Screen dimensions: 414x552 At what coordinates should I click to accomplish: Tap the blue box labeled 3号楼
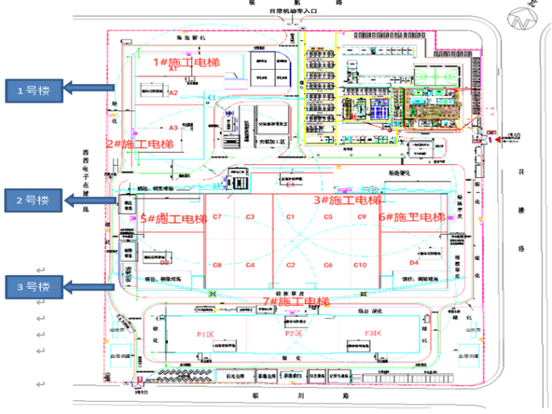coord(33,286)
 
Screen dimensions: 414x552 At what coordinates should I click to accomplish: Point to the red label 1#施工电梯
coord(186,63)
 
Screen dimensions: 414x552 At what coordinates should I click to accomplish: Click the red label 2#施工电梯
coord(140,145)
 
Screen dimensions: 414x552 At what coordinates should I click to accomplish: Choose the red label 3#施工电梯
coord(346,200)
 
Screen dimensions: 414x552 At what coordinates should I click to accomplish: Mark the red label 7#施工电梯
coord(296,301)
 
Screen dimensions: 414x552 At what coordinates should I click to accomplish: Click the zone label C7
coord(217,217)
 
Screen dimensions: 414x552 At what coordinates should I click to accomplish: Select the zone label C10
coord(361,265)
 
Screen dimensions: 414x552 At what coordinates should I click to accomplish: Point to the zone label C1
coord(291,217)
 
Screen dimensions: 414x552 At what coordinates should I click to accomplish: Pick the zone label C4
coord(250,265)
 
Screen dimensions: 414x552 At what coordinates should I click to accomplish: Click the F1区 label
coord(206,333)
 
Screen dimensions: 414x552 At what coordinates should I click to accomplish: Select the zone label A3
coord(174,128)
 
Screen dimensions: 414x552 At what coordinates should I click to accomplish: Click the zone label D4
coord(414,262)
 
